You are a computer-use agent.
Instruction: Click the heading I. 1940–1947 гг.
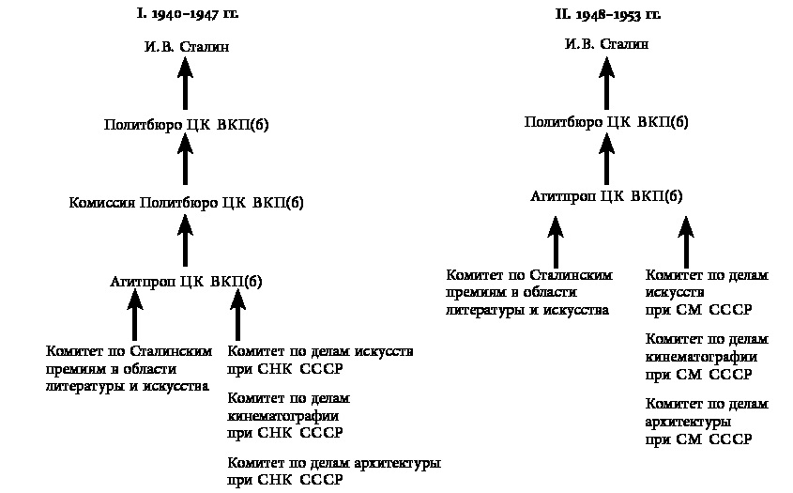coord(185,15)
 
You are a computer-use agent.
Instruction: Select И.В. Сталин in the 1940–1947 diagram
coord(185,45)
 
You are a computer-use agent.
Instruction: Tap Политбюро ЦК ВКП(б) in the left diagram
coord(186,124)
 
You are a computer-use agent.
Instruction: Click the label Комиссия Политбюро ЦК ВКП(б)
coord(186,202)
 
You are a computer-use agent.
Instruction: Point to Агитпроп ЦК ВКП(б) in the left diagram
coord(186,281)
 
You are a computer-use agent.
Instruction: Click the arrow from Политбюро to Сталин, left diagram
coord(185,85)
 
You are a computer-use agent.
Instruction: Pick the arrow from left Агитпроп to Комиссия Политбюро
coord(185,241)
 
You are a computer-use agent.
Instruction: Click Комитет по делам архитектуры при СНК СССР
coord(334,471)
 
